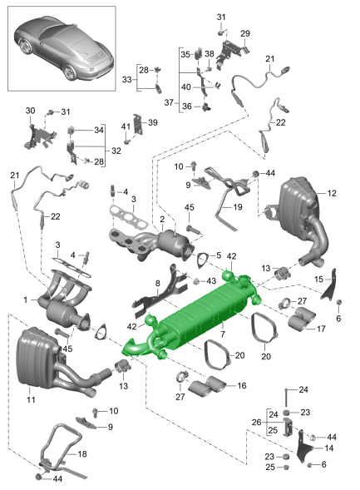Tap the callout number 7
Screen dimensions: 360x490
coord(223,334)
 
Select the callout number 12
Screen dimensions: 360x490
coord(332,194)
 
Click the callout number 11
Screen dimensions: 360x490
coord(31,399)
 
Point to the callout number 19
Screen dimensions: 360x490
coord(238,207)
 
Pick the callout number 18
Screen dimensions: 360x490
coord(82,453)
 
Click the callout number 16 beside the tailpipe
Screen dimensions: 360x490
coord(242,386)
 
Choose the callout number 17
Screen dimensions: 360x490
coord(321,329)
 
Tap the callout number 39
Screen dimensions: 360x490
coord(153,122)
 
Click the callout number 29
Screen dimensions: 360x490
coord(245,33)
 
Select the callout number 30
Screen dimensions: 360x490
coord(30,111)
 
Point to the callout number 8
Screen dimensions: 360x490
coord(158,284)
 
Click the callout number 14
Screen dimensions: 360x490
coord(328,448)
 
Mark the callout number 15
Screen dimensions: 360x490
coord(318,279)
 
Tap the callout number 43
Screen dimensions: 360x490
coord(211,281)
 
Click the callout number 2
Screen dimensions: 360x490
coord(162,220)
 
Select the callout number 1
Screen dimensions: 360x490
coord(26,300)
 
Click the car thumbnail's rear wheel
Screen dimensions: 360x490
coord(69,73)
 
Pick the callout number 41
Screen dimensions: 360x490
coord(126,126)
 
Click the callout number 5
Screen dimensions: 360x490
coord(219,255)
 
